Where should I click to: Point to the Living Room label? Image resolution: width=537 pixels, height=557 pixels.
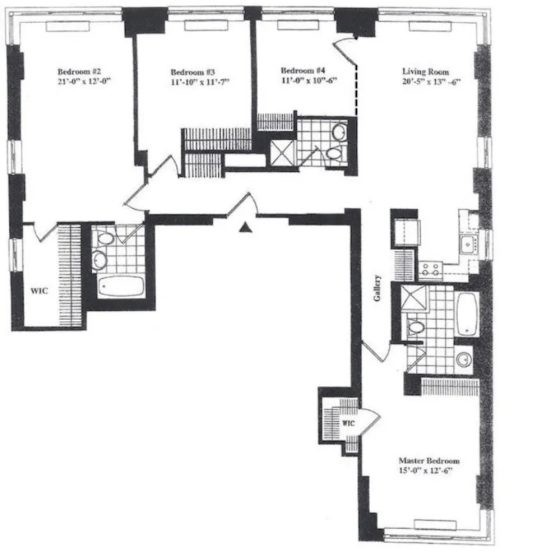pos(426,71)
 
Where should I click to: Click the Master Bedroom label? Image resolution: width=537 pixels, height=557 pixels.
pos(429,461)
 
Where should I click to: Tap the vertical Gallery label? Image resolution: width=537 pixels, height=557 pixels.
pos(379,287)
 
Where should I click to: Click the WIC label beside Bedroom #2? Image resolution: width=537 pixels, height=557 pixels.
pos(38,292)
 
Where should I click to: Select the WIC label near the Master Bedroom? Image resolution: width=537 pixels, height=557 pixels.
pos(348,424)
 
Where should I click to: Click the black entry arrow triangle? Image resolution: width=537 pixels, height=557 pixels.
pos(246,228)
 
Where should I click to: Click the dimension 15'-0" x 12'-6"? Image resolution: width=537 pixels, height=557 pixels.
pos(429,471)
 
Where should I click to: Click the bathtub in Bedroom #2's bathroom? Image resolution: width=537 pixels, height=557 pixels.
pos(121,287)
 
